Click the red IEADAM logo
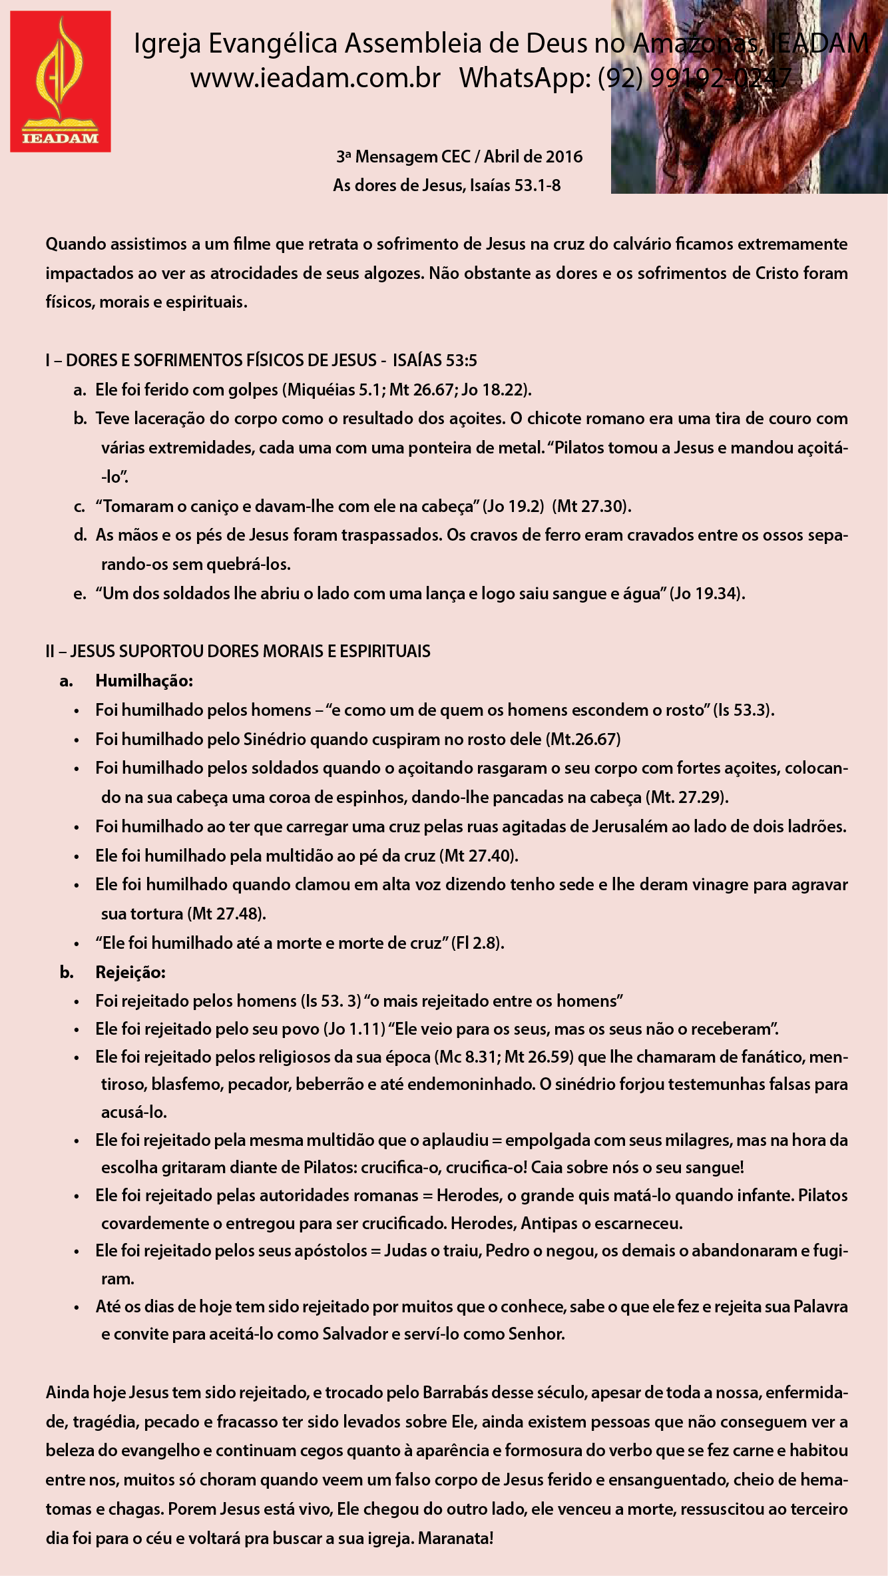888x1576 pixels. point(61,81)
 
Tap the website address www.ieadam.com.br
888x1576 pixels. point(316,79)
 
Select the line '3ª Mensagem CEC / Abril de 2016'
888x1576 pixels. point(459,157)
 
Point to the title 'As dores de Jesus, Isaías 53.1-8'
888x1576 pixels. point(447,186)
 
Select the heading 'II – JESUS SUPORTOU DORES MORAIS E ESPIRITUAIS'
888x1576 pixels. point(238,652)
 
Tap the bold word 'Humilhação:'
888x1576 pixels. point(144,681)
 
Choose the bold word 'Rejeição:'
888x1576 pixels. point(130,973)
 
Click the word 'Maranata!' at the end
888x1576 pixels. point(456,1539)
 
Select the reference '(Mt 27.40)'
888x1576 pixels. point(479,856)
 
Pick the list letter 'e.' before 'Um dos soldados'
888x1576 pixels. point(80,594)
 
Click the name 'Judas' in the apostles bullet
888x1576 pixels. point(403,1250)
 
